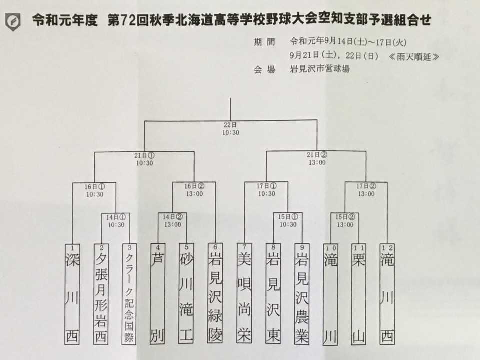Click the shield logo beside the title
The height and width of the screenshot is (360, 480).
tap(13, 22)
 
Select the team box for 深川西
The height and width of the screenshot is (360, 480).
tap(72, 294)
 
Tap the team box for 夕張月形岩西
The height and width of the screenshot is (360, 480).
tap(101, 294)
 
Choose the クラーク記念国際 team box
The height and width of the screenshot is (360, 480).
tap(129, 294)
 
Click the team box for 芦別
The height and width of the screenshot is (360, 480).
tap(157, 294)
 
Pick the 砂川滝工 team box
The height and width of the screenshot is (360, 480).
tap(186, 293)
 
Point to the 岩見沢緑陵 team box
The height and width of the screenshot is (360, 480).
tap(215, 293)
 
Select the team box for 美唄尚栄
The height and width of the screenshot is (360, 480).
tap(244, 293)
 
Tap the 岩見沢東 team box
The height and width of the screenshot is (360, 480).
tap(273, 293)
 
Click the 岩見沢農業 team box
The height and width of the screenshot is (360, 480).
tap(302, 294)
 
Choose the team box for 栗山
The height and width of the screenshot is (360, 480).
tap(359, 294)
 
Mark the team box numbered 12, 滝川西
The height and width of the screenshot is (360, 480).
tap(387, 294)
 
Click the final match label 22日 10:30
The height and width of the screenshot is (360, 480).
tap(231, 129)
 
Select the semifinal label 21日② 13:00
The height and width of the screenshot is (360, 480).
tap(317, 159)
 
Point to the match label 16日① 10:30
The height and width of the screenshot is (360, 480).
tap(95, 190)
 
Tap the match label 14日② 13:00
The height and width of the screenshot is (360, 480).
tap(173, 220)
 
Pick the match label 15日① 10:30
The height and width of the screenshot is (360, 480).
tap(288, 220)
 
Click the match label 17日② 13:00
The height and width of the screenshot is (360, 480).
tap(366, 190)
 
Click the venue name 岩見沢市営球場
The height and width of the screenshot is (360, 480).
tap(320, 69)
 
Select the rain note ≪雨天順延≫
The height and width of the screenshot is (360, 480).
tap(414, 56)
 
